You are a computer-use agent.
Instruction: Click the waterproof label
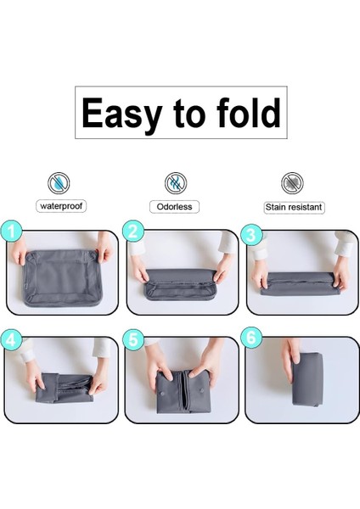[61, 206]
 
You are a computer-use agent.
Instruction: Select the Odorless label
[174, 207]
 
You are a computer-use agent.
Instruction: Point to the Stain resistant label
[294, 207]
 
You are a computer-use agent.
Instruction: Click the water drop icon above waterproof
[59, 183]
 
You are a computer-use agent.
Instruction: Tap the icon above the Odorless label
[176, 183]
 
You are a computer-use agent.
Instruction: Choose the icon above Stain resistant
[292, 183]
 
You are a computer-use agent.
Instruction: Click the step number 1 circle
[11, 232]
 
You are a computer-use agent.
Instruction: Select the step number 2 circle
[133, 231]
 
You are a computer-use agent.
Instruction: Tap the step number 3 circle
[251, 234]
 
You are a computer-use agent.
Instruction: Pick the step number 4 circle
[11, 340]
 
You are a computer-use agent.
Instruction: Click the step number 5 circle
[133, 340]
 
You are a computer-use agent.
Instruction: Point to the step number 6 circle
[251, 338]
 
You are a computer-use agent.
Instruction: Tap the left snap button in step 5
[162, 394]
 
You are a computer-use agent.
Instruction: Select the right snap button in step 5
[201, 389]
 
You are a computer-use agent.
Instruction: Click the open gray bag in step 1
[62, 278]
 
